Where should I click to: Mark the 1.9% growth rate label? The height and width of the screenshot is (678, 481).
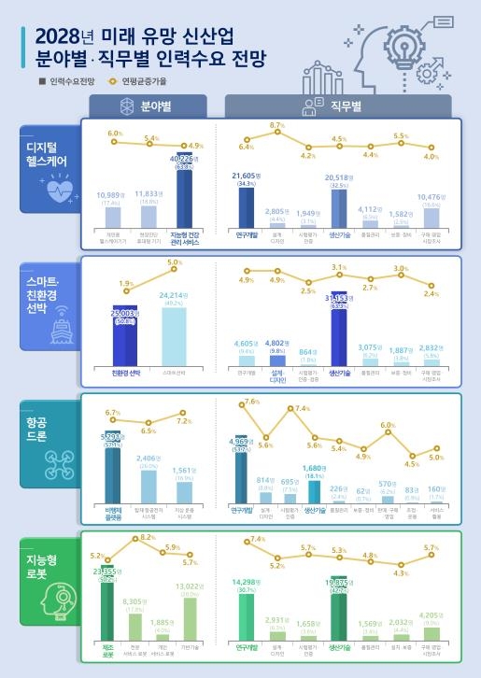click(x=126, y=283)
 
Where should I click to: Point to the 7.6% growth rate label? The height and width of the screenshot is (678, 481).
click(x=250, y=402)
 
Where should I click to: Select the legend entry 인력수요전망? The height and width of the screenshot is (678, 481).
click(x=71, y=82)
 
